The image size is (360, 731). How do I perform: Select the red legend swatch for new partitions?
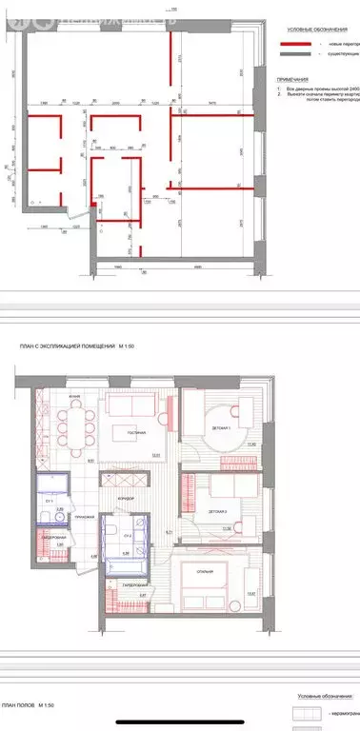pyautogui.click(x=296, y=45)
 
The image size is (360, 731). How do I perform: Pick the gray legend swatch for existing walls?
pyautogui.click(x=296, y=56)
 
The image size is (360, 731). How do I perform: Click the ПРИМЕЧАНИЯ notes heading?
pyautogui.click(x=292, y=80)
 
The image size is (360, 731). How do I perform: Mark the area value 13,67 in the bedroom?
pyautogui.click(x=250, y=594)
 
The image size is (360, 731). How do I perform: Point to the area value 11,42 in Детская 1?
pyautogui.click(x=252, y=445)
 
